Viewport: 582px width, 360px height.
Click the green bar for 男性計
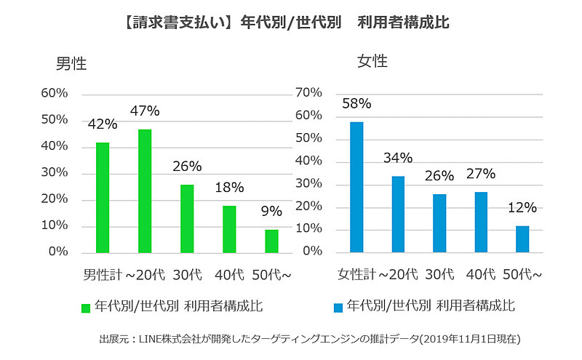pos(103,197)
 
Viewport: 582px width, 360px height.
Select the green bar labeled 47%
pos(145,191)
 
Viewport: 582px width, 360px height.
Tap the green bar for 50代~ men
pos(271,241)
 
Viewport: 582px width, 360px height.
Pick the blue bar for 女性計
pos(356,187)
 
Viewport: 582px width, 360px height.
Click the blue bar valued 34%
pos(398,214)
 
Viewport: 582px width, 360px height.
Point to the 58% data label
pos(356,103)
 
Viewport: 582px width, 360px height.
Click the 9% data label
pos(271,212)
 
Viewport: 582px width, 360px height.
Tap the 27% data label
pos(481,174)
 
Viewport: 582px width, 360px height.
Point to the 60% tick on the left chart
pos(54,93)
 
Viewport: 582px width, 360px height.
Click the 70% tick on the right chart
pos(308,92)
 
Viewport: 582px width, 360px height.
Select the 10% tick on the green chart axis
pos(54,225)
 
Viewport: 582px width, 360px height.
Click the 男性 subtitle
pos(71,63)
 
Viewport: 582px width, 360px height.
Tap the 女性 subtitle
pos(372,61)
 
